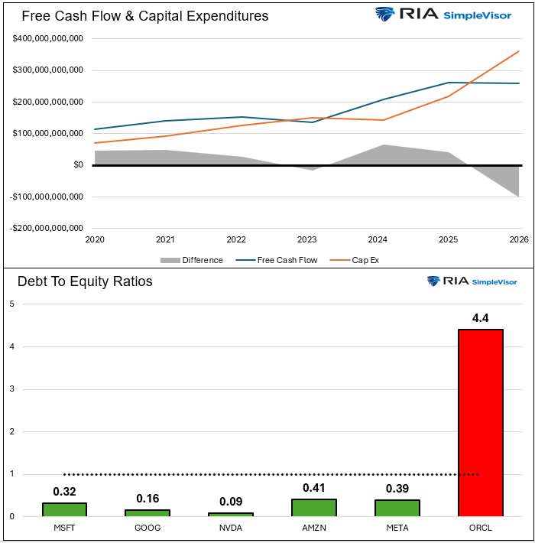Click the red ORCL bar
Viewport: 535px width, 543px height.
pos(480,422)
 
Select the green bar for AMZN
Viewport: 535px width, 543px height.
pos(314,508)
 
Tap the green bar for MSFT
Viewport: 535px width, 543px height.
pos(64,509)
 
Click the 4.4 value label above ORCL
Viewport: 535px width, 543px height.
pos(480,317)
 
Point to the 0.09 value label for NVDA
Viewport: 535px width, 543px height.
pos(230,502)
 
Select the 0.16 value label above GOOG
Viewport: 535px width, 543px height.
pos(148,499)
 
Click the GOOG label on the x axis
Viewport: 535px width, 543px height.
pos(148,528)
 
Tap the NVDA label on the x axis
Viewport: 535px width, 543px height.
pos(230,528)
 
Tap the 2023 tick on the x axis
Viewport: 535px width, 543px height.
pos(306,239)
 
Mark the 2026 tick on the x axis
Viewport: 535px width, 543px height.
pos(519,239)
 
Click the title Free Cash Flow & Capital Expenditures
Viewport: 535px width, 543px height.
pos(144,16)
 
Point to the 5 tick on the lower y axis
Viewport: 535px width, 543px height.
pos(11,304)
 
